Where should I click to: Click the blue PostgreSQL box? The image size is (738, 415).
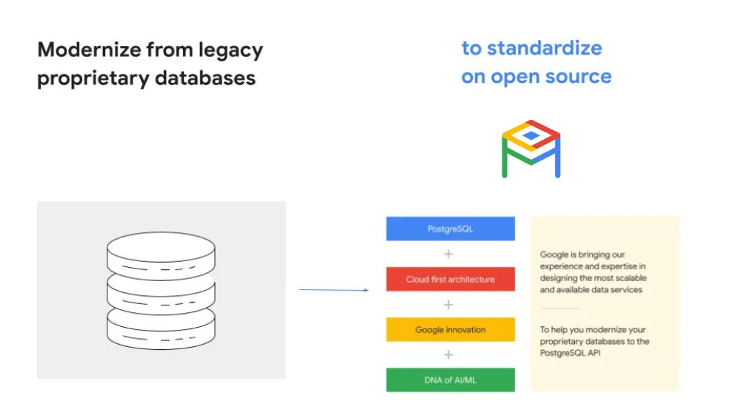pyautogui.click(x=450, y=229)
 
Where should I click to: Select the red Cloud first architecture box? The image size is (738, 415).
pyautogui.click(x=450, y=280)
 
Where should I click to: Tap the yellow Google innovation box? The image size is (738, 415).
pyautogui.click(x=450, y=330)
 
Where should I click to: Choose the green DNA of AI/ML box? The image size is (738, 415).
pyautogui.click(x=450, y=379)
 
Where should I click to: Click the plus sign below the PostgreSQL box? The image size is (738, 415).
pyautogui.click(x=448, y=254)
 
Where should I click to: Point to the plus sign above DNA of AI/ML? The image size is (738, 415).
pyautogui.click(x=448, y=355)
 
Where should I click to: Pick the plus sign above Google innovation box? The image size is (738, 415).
pyautogui.click(x=448, y=305)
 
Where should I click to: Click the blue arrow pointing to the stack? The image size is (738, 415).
pyautogui.click(x=333, y=290)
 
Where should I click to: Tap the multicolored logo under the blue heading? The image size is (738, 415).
pyautogui.click(x=531, y=149)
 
